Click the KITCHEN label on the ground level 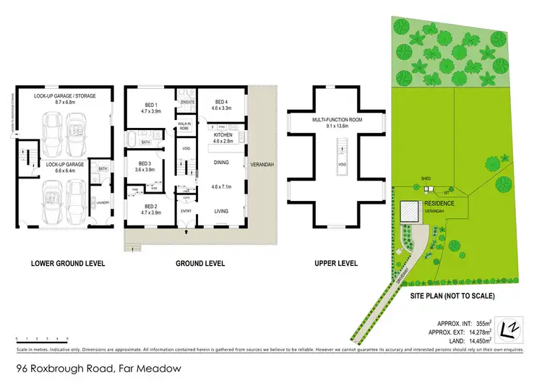[x=223, y=135]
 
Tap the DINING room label [x=221, y=163]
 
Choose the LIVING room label [x=221, y=211]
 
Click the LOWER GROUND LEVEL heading [x=67, y=263]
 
